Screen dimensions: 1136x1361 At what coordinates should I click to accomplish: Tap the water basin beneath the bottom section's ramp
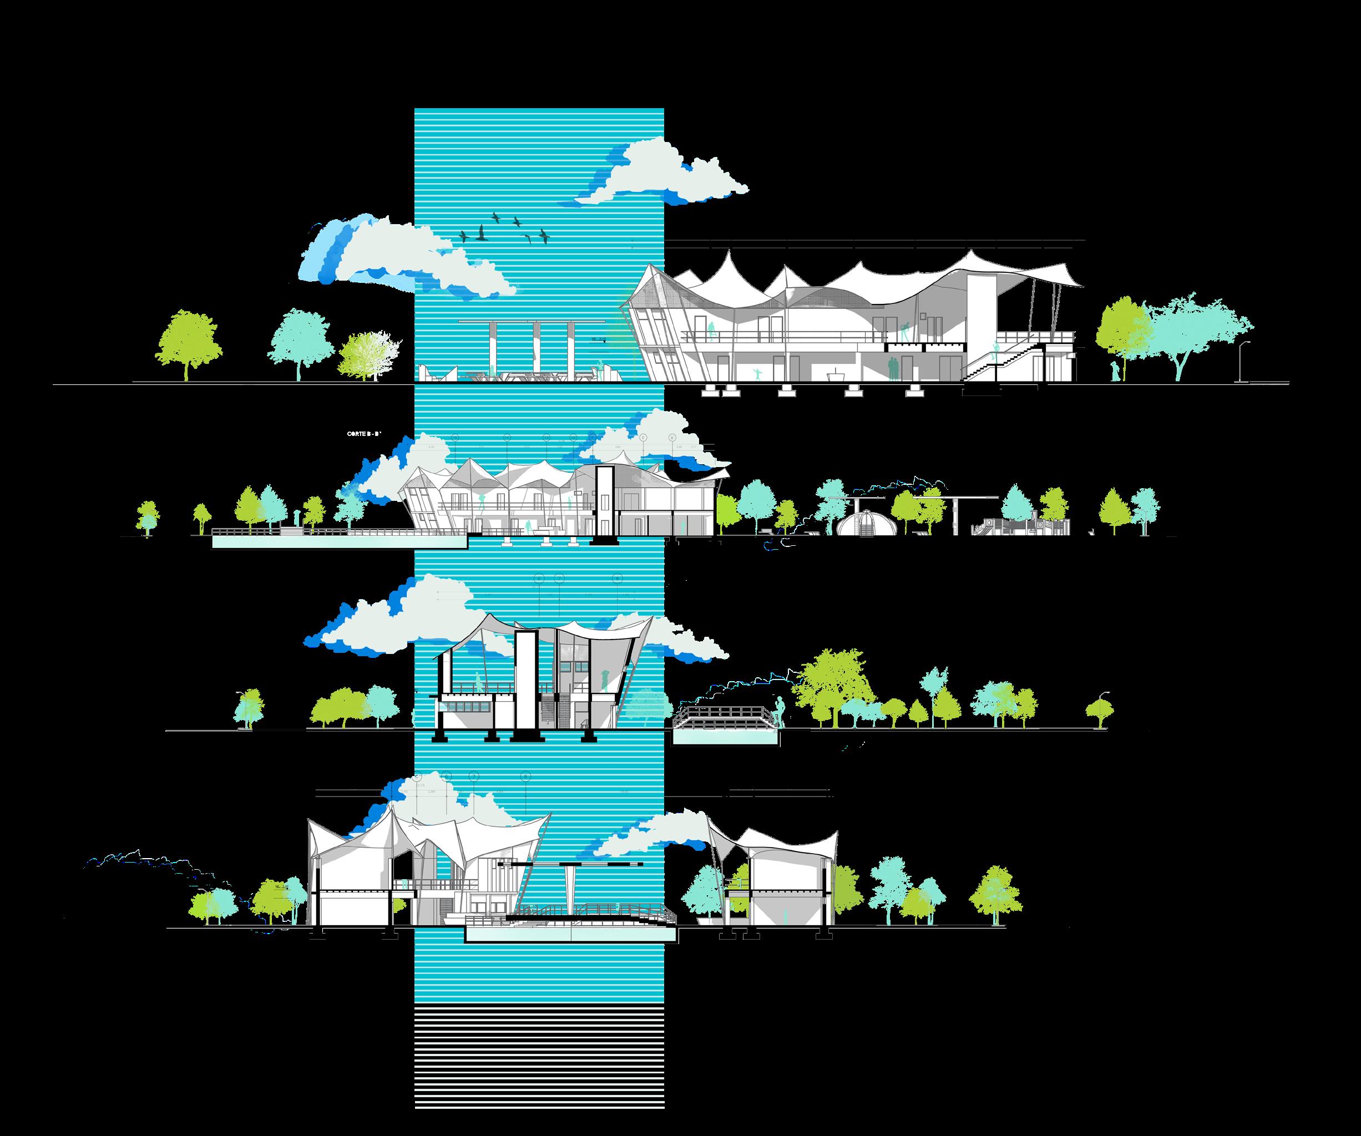[570, 934]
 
